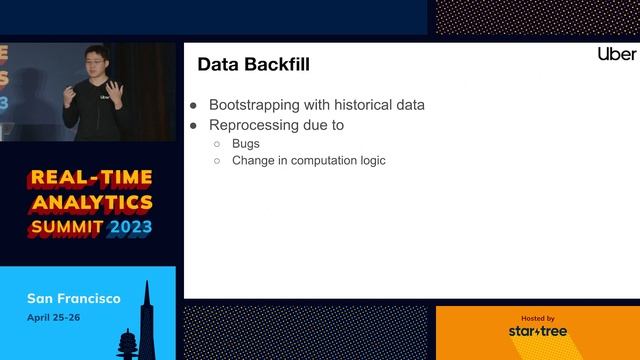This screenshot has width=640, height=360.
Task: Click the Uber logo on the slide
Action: click(616, 53)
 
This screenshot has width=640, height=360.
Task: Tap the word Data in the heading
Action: click(216, 66)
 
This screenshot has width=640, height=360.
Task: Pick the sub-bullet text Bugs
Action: click(246, 144)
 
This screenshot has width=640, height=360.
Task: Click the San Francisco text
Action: click(74, 298)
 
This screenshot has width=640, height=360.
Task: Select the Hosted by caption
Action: click(537, 317)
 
